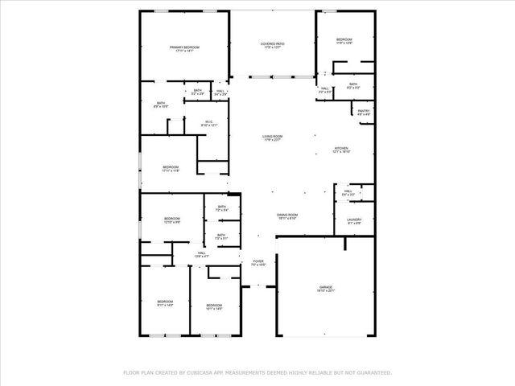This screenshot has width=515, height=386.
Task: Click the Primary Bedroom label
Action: pos(184,47)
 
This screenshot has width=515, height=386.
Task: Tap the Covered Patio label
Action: pos(272,43)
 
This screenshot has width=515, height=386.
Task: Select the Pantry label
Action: pos(364,111)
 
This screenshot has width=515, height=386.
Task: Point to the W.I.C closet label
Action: pos(208,122)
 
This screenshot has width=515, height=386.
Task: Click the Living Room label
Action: pos(272,136)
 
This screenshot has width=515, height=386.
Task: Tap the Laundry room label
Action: pos(354,220)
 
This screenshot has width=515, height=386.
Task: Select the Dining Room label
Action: pos(287,215)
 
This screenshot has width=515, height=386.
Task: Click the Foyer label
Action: pos(258,261)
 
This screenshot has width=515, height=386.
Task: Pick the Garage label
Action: pos(325,287)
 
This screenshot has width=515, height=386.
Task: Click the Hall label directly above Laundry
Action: pos(348,191)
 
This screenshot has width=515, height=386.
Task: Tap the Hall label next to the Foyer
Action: pos(200,253)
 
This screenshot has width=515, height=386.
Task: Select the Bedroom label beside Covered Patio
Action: pos(344,39)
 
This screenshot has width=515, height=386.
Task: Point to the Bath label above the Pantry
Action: pos(352,84)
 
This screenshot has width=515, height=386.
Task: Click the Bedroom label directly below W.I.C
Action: pos(170,166)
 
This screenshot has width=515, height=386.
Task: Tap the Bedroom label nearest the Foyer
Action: pos(213,305)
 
